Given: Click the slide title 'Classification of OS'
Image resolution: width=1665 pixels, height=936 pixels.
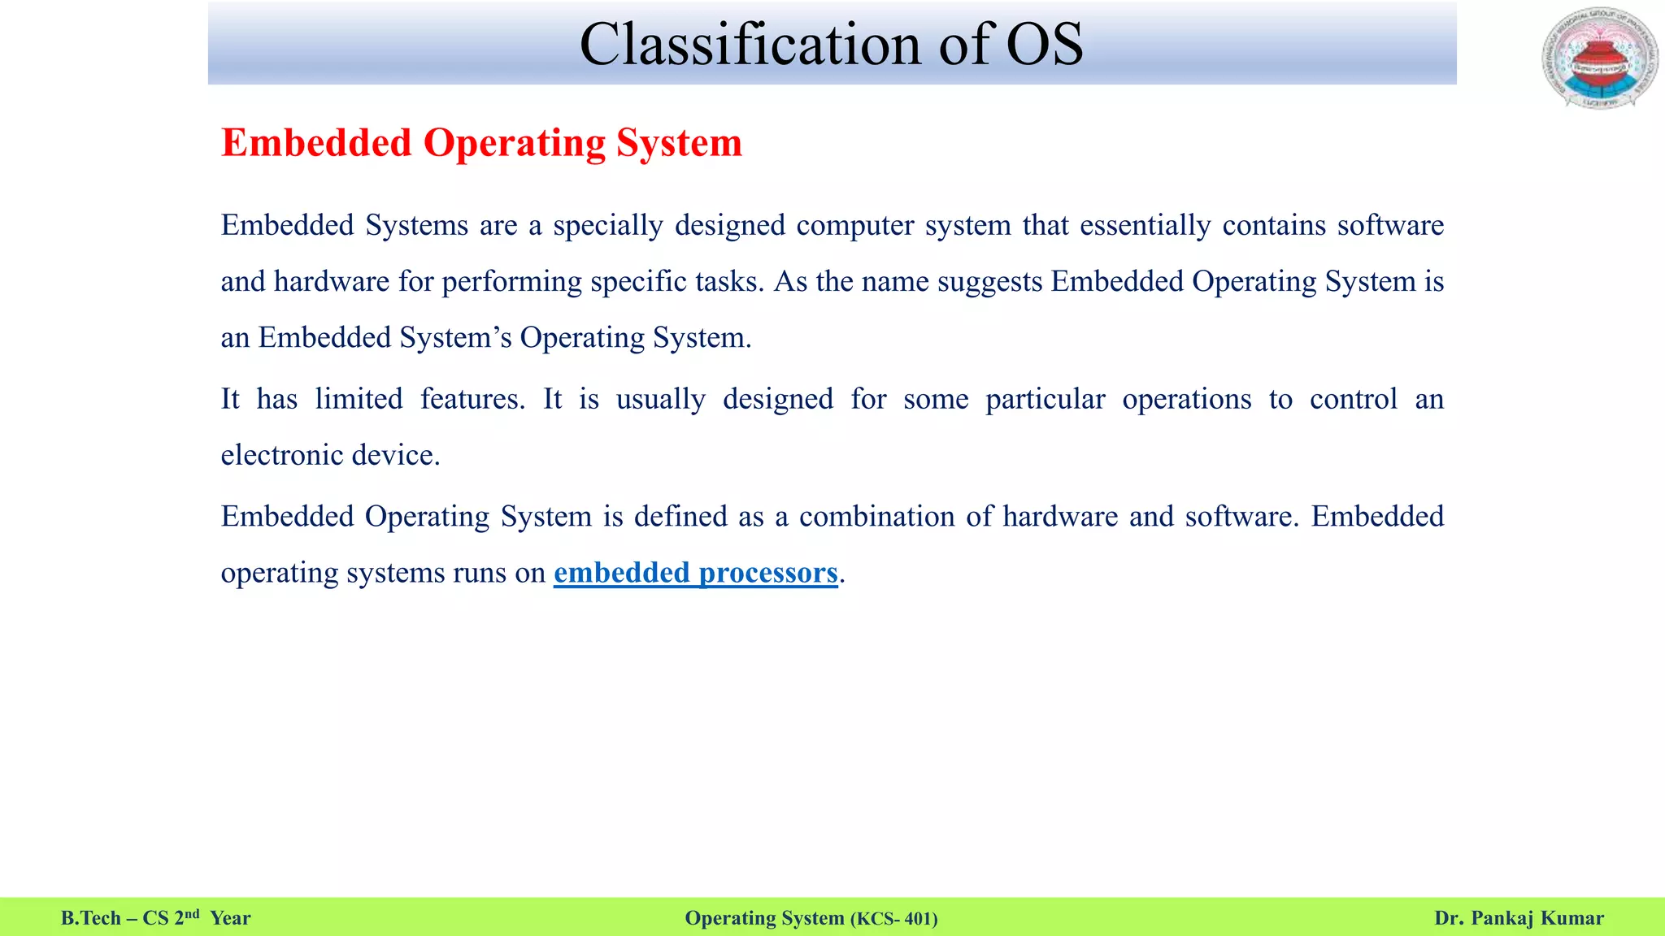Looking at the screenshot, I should click(831, 44).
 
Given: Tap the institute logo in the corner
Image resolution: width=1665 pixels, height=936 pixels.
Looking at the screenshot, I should click(1599, 58).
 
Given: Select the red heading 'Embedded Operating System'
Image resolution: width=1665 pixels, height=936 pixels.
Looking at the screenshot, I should click(481, 143).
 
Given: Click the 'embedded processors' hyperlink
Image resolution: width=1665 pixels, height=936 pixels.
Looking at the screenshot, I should click(695, 573).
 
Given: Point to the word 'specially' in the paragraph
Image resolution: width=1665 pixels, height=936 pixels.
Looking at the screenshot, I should click(608, 226).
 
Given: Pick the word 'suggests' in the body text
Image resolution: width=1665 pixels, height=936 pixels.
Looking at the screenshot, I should click(989, 282).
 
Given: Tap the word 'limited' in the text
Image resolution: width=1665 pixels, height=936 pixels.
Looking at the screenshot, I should click(359, 399).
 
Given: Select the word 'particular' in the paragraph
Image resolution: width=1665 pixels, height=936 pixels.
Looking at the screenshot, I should click(1045, 400).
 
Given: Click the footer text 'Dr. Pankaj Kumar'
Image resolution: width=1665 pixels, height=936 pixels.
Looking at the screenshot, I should click(1519, 918).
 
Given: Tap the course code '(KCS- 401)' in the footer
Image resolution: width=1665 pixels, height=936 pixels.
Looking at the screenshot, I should click(893, 919).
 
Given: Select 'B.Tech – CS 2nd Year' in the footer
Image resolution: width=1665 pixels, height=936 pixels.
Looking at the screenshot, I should click(155, 918).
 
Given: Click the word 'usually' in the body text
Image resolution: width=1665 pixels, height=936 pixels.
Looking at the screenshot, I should click(660, 400).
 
